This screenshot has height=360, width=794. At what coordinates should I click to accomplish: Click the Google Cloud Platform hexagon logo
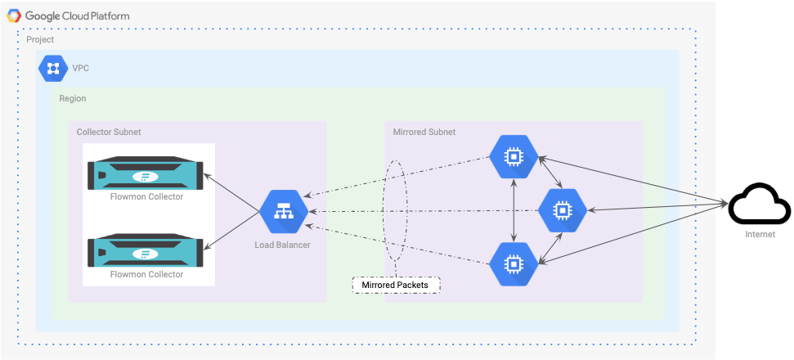click(14, 16)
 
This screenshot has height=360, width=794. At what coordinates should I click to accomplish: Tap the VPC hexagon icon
click(53, 69)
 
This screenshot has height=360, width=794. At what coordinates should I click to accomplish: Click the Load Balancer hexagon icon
click(284, 213)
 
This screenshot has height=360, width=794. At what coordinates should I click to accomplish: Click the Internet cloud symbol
click(759, 205)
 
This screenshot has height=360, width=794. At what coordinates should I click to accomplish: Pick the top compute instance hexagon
click(514, 157)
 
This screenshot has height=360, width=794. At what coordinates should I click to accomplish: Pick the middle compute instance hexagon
click(562, 210)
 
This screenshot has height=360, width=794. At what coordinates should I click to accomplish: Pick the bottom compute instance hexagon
click(514, 263)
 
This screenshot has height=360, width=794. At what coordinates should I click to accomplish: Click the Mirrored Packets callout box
click(396, 285)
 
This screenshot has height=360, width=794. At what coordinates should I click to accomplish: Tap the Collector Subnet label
click(109, 133)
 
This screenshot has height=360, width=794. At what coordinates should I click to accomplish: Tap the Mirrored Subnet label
click(424, 133)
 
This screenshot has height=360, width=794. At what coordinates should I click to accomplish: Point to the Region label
click(73, 99)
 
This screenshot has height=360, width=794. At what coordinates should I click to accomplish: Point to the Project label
click(40, 39)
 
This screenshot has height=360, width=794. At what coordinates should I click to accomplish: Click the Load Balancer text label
click(282, 245)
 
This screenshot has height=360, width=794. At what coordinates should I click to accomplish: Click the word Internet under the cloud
click(760, 235)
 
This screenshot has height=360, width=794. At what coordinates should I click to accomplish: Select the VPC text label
click(80, 69)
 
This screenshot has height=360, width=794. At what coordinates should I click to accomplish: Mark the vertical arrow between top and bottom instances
click(514, 210)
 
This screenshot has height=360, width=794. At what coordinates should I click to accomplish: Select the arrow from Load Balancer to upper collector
click(232, 193)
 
